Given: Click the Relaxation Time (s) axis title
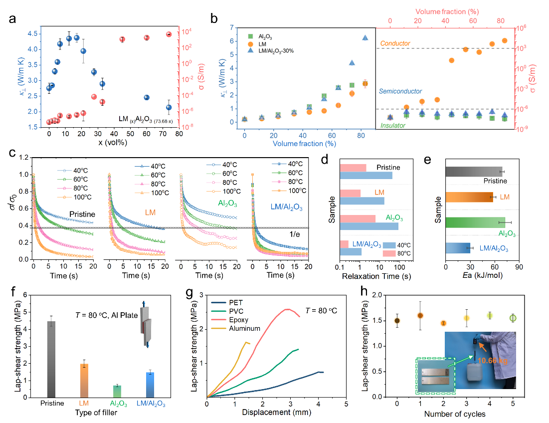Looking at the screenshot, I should point(376,275).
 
